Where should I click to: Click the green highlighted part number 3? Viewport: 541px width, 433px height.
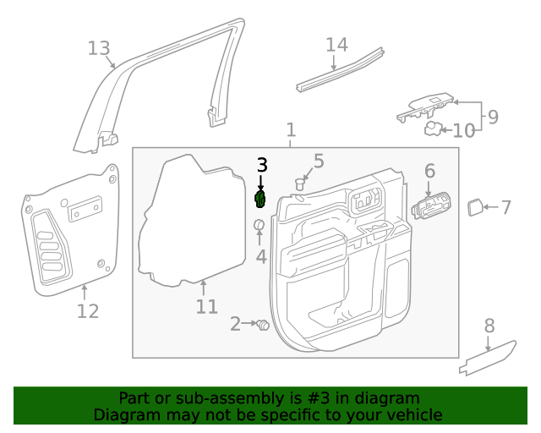[261, 200]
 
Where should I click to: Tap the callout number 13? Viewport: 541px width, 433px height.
[99, 48]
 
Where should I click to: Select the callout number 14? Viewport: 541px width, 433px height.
[336, 45]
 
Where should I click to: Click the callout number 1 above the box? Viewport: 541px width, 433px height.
[291, 130]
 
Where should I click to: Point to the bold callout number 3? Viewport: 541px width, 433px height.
[262, 165]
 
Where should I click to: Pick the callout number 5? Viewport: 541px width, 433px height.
[319, 161]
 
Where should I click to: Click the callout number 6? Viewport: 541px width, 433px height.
[429, 172]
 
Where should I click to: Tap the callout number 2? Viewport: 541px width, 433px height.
[236, 323]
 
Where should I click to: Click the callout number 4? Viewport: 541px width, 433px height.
[261, 256]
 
